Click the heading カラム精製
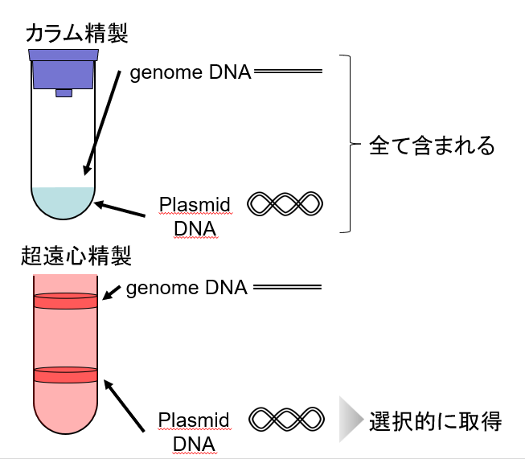pyautogui.click(x=77, y=33)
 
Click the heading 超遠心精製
pyautogui.click(x=77, y=257)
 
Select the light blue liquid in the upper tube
pyautogui.click(x=64, y=201)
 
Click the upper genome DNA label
pyautogui.click(x=191, y=73)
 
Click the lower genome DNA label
pyautogui.click(x=187, y=288)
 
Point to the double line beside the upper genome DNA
pyautogui.click(x=288, y=73)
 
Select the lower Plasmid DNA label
pyautogui.click(x=194, y=432)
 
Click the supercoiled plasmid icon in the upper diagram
pyautogui.click(x=285, y=204)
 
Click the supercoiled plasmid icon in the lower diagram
pyautogui.click(x=285, y=419)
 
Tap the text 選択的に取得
pyautogui.click(x=435, y=420)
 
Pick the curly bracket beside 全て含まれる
pyautogui.click(x=347, y=145)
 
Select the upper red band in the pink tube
pyautogui.click(x=65, y=301)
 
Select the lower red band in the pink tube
pyautogui.click(x=65, y=375)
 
